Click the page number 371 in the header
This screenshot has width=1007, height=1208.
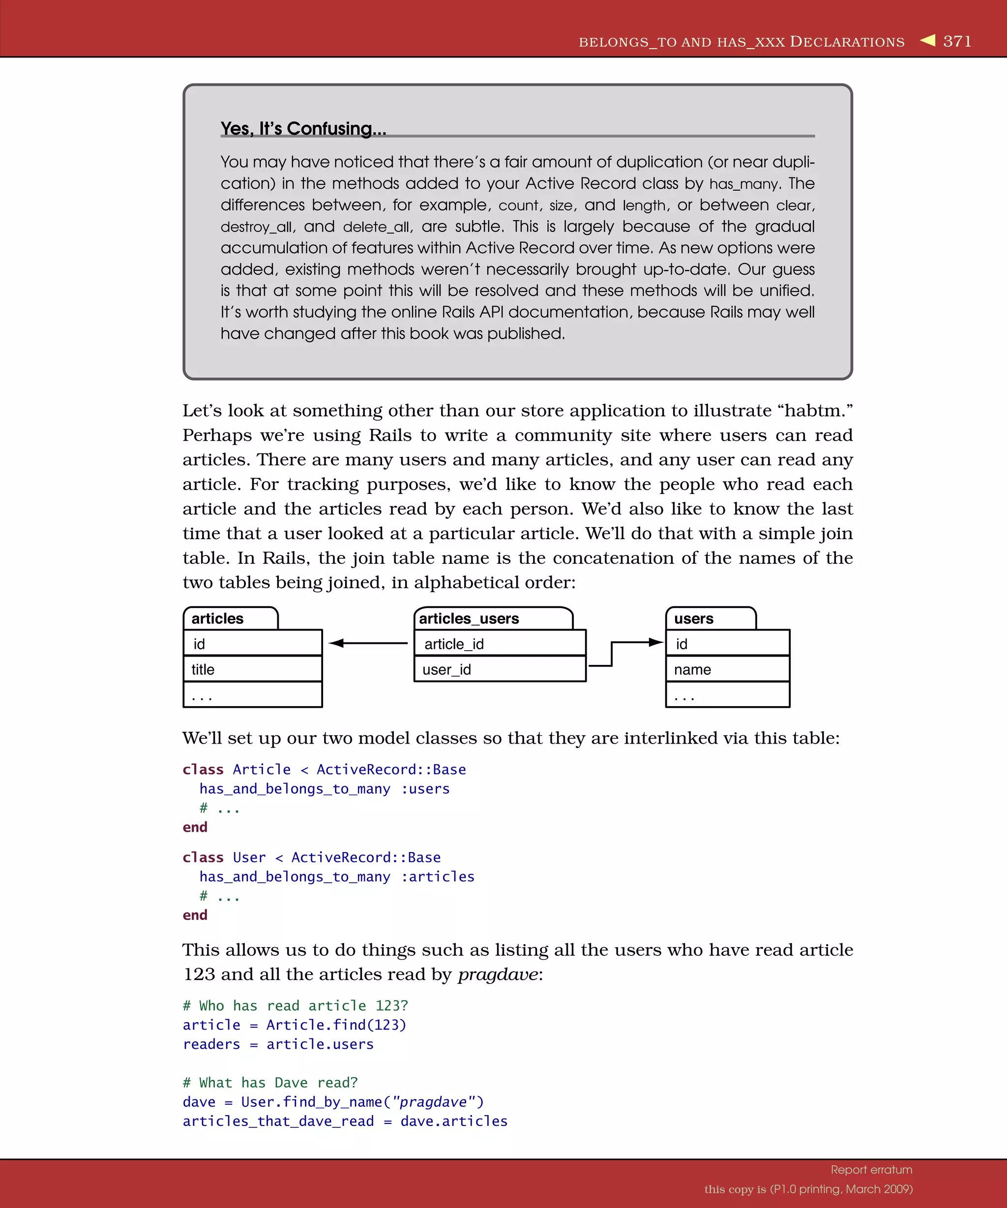(957, 41)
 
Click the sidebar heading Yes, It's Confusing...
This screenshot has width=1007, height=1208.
(303, 128)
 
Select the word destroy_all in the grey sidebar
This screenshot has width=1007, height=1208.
(257, 227)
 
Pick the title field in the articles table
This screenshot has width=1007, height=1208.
(203, 669)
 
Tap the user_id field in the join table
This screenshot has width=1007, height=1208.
(446, 669)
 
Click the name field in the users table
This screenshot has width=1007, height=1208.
(692, 669)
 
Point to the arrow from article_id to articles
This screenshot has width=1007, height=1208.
(368, 643)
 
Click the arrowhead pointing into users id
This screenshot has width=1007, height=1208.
(655, 642)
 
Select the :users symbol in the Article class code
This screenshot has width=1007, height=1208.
(425, 789)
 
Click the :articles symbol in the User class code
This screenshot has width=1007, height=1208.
(438, 877)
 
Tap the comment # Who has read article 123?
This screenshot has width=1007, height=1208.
(295, 1006)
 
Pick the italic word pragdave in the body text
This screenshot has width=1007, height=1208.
(498, 975)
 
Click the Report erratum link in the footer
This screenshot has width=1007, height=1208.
(871, 1170)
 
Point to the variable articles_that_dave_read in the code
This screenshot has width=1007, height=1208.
(278, 1121)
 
